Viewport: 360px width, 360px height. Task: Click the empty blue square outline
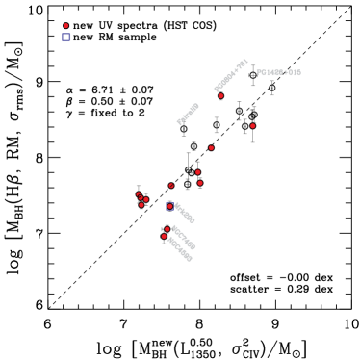66,38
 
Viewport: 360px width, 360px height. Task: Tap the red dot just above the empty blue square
65,26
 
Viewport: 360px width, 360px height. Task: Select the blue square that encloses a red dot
170,206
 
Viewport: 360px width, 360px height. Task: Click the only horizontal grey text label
278,72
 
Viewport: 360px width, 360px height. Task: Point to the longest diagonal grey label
231,75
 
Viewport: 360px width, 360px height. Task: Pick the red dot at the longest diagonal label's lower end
220,96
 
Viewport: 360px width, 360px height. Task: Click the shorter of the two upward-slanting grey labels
188,114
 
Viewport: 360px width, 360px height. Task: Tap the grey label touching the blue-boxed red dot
184,213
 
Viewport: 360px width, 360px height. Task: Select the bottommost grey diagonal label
179,248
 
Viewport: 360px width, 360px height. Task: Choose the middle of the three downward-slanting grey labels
183,237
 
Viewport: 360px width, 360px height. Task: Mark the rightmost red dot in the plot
253,126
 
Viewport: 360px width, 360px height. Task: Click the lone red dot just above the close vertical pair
212,148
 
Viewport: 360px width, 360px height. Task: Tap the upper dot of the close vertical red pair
198,172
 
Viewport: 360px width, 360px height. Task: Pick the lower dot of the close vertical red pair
200,183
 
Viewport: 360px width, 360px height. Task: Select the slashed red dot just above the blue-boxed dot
171,186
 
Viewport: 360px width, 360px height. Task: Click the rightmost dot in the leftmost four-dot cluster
146,199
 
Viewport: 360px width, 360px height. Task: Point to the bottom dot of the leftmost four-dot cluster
141,205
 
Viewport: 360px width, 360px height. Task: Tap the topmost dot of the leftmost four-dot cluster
139,194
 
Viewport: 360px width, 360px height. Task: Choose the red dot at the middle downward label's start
167,229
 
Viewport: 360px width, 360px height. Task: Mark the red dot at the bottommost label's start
164,237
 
